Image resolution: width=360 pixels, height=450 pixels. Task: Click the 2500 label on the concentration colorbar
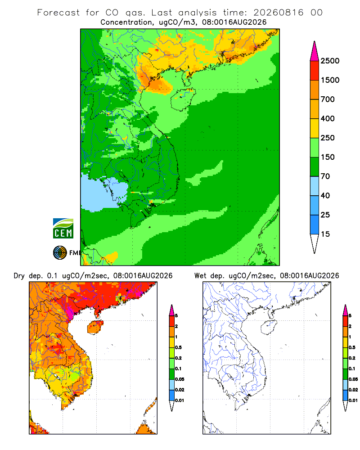pyautogui.click(x=330, y=61)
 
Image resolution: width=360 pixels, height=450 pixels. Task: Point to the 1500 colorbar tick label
pyautogui.click(x=330, y=80)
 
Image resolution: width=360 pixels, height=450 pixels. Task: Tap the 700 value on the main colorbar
pyautogui.click(x=328, y=99)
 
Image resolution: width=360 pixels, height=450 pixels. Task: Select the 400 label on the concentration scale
pyautogui.click(x=328, y=118)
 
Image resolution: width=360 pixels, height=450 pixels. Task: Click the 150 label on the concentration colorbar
pyautogui.click(x=328, y=157)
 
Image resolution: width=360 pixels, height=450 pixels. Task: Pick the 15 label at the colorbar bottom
pyautogui.click(x=325, y=234)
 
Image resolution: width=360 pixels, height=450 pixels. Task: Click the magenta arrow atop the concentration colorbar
pyautogui.click(x=315, y=51)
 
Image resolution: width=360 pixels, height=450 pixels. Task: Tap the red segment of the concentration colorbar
pyautogui.click(x=315, y=71)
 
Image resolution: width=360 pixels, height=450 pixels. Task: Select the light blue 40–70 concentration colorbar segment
pyautogui.click(x=315, y=186)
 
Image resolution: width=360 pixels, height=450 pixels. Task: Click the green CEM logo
pyautogui.click(x=63, y=229)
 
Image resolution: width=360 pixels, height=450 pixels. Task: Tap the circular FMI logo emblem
pyautogui.click(x=60, y=253)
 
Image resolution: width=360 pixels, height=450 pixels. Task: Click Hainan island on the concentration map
pyautogui.click(x=183, y=99)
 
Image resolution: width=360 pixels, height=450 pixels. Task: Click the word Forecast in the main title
pyautogui.click(x=58, y=13)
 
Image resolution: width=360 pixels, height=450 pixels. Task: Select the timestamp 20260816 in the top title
pyautogui.click(x=278, y=13)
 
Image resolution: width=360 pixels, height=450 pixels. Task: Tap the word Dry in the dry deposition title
pyautogui.click(x=19, y=276)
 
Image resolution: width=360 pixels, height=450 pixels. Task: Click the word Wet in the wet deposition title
pyautogui.click(x=200, y=276)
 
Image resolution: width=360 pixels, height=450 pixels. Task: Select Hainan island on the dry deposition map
pyautogui.click(x=95, y=327)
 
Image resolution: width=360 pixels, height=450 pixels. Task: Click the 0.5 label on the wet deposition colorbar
pyautogui.click(x=352, y=347)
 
